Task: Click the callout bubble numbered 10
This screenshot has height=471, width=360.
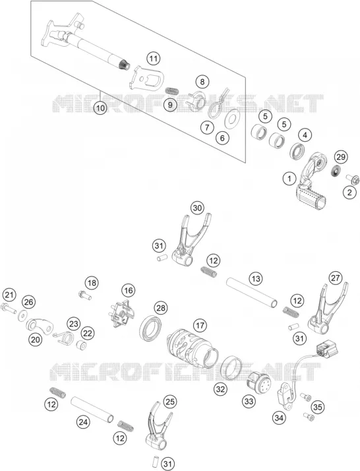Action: pyautogui.click(x=100, y=108)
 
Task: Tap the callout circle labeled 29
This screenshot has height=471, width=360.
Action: pyautogui.click(x=341, y=157)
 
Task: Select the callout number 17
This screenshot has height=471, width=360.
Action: pyautogui.click(x=200, y=325)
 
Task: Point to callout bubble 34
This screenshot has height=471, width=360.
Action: pyautogui.click(x=279, y=418)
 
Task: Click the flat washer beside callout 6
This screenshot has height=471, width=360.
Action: pyautogui.click(x=231, y=119)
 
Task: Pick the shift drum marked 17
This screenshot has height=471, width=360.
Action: pyautogui.click(x=193, y=349)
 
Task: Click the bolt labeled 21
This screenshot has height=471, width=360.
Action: pyautogui.click(x=9, y=309)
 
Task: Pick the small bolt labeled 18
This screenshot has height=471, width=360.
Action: pyautogui.click(x=84, y=295)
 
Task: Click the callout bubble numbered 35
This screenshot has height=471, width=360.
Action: pyautogui.click(x=318, y=407)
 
